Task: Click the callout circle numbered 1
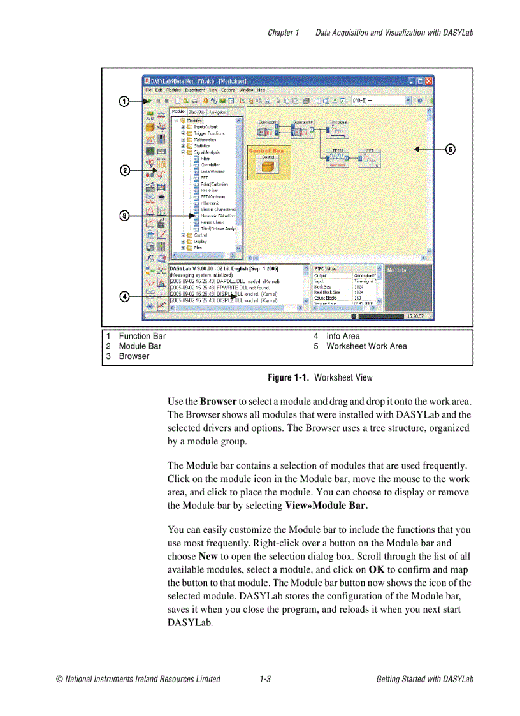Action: pos(125,101)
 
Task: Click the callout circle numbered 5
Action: pos(450,149)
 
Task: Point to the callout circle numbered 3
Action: pos(125,216)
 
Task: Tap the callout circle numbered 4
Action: pos(125,296)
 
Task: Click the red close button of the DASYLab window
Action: pos(429,81)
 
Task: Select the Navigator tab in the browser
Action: pos(217,112)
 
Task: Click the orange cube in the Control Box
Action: pos(268,166)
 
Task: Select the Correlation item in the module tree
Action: pos(210,165)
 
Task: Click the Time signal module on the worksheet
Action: pos(338,130)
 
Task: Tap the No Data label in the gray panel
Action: pos(397,270)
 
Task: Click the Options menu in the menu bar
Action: pos(228,91)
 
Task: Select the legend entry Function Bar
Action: pos(142,336)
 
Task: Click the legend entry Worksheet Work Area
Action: pos(366,346)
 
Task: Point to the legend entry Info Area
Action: pos(343,336)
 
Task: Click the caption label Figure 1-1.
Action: pos(289,377)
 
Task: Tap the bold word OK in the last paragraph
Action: pos(376,570)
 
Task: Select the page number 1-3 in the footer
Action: pos(265,679)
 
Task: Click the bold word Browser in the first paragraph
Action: pos(218,402)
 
